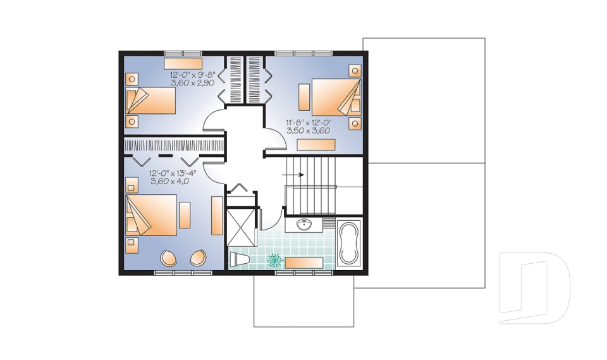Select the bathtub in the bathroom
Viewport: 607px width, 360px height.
(x=349, y=243)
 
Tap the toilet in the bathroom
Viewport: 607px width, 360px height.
(x=239, y=259)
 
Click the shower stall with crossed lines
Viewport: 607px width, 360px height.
(x=241, y=227)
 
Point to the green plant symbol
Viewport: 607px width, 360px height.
(x=274, y=261)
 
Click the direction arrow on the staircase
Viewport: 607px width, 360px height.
(x=293, y=175)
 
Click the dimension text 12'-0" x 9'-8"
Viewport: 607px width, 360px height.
(x=192, y=75)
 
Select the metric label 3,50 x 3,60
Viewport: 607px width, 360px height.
(x=308, y=130)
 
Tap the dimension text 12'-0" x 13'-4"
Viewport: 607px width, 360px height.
(x=173, y=173)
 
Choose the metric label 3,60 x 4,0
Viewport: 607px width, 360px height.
(x=169, y=181)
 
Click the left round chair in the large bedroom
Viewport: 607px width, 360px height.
(x=169, y=258)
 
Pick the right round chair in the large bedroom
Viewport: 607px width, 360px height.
(x=198, y=258)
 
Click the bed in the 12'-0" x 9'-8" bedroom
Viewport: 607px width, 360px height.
(x=150, y=101)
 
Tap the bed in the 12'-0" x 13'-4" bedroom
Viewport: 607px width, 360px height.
(x=151, y=215)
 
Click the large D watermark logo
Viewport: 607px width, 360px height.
(x=535, y=288)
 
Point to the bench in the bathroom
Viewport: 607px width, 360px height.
(x=304, y=263)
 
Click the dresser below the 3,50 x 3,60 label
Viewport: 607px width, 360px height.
(x=316, y=144)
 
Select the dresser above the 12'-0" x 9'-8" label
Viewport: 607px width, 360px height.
(x=183, y=63)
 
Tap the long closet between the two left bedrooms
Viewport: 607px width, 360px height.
(x=175, y=146)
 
